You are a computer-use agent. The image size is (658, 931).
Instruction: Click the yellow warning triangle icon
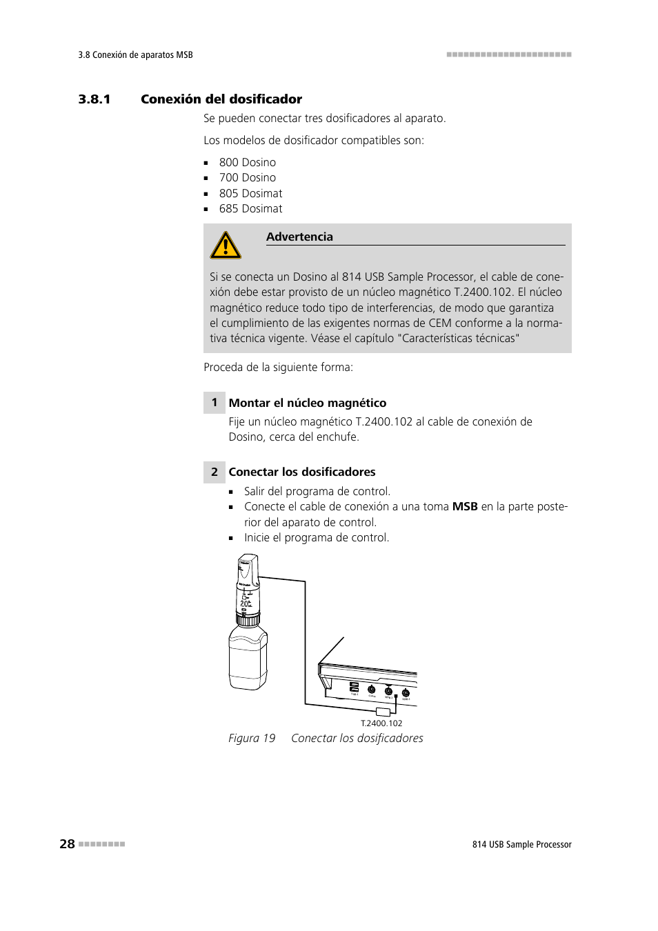point(226,246)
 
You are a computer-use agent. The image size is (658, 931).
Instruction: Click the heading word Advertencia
point(299,237)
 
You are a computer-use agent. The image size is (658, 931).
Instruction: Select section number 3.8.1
point(94,99)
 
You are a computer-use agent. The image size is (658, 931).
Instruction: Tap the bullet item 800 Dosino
point(247,162)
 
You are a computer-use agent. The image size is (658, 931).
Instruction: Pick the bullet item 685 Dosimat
point(250,208)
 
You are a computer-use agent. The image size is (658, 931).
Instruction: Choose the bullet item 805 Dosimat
point(250,193)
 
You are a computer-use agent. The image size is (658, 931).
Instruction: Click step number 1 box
point(215,403)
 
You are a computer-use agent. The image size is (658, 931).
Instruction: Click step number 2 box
point(215,472)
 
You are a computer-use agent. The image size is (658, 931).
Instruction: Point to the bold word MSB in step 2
point(465,506)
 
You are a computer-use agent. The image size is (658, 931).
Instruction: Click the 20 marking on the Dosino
point(245,603)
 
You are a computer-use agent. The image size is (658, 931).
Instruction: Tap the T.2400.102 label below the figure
point(381,723)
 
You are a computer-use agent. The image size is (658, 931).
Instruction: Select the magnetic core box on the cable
point(383,711)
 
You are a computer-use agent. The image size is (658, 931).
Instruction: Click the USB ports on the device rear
point(354,688)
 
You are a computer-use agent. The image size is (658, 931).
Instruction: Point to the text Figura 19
point(252,738)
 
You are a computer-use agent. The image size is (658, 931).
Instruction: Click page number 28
point(67,843)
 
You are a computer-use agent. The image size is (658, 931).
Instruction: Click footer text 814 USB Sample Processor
point(521,844)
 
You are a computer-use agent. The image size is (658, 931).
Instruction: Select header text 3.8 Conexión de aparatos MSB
point(136,55)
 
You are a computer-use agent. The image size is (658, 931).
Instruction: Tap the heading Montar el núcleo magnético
point(308,403)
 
